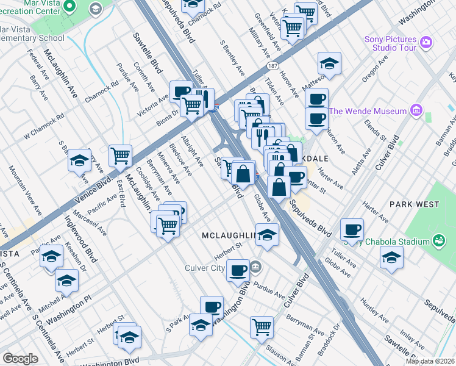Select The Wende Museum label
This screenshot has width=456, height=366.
[x=368, y=111]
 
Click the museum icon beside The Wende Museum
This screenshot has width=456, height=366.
[x=416, y=110]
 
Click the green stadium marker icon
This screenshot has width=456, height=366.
[x=438, y=241]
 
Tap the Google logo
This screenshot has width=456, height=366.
[x=20, y=359]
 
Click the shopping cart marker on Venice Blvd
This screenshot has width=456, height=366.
[x=121, y=156]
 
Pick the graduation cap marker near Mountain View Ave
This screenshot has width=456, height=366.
[x=79, y=160]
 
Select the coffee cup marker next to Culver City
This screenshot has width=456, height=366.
[x=238, y=270]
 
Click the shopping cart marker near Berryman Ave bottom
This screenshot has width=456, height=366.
[x=262, y=326]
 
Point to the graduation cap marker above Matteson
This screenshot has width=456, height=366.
[x=329, y=63]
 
